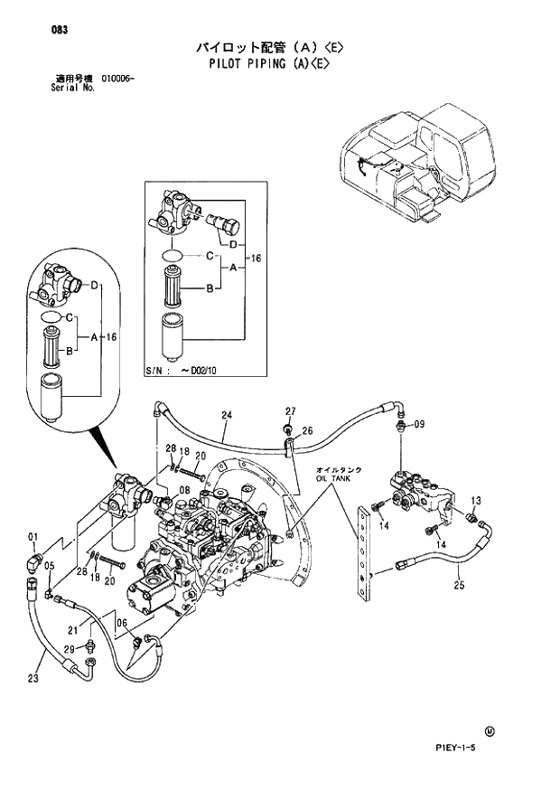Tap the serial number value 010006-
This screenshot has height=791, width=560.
(115, 80)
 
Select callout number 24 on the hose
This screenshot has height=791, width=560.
(227, 415)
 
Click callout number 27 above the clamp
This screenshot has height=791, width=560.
(291, 411)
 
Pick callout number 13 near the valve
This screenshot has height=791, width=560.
(476, 500)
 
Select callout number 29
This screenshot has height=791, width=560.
(70, 650)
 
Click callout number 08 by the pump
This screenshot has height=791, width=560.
(184, 489)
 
